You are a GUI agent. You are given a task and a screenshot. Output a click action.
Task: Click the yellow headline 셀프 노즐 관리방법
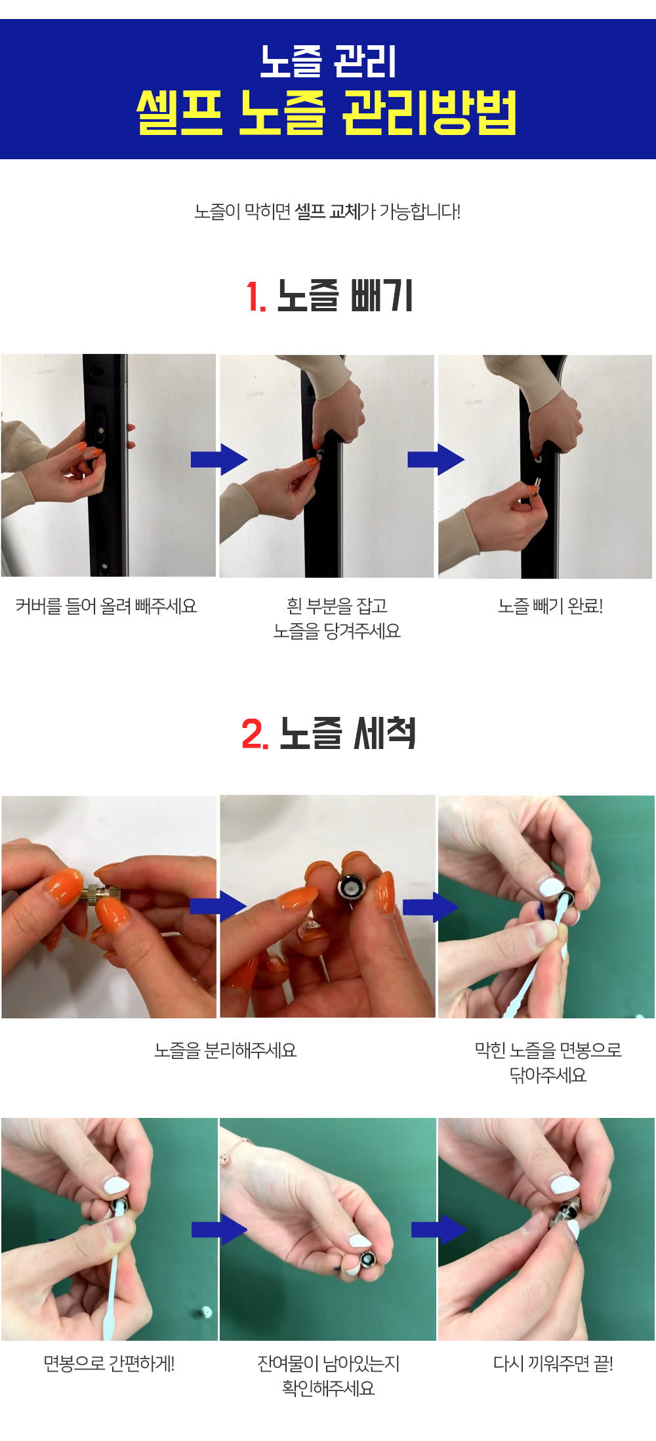tap(327, 113)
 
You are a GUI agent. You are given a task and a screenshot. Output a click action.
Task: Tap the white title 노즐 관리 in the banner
tap(328, 62)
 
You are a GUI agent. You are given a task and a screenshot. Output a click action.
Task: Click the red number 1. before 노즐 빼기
tap(256, 296)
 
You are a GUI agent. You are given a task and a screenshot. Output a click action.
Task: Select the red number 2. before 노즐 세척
tap(255, 733)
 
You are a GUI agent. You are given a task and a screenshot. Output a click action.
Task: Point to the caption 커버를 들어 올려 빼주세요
tap(106, 606)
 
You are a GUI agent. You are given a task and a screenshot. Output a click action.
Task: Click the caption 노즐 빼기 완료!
tap(550, 606)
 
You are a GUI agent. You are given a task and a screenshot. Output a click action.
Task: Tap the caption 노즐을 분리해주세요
tap(226, 1050)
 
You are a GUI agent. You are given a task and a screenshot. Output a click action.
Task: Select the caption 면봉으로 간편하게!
tap(109, 1364)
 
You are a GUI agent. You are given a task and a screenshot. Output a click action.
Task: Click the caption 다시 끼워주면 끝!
tap(553, 1364)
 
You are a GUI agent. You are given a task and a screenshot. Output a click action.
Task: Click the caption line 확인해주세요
tap(328, 1388)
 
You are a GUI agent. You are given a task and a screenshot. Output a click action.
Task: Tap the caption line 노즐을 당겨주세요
tap(337, 631)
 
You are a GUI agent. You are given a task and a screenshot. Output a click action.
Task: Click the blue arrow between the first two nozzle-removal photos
tap(219, 459)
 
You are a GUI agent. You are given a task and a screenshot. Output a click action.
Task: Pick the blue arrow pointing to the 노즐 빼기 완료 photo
tap(436, 459)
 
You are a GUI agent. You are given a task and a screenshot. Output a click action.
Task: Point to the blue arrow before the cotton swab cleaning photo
tap(430, 907)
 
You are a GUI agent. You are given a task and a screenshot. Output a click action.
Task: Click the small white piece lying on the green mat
tap(205, 1312)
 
